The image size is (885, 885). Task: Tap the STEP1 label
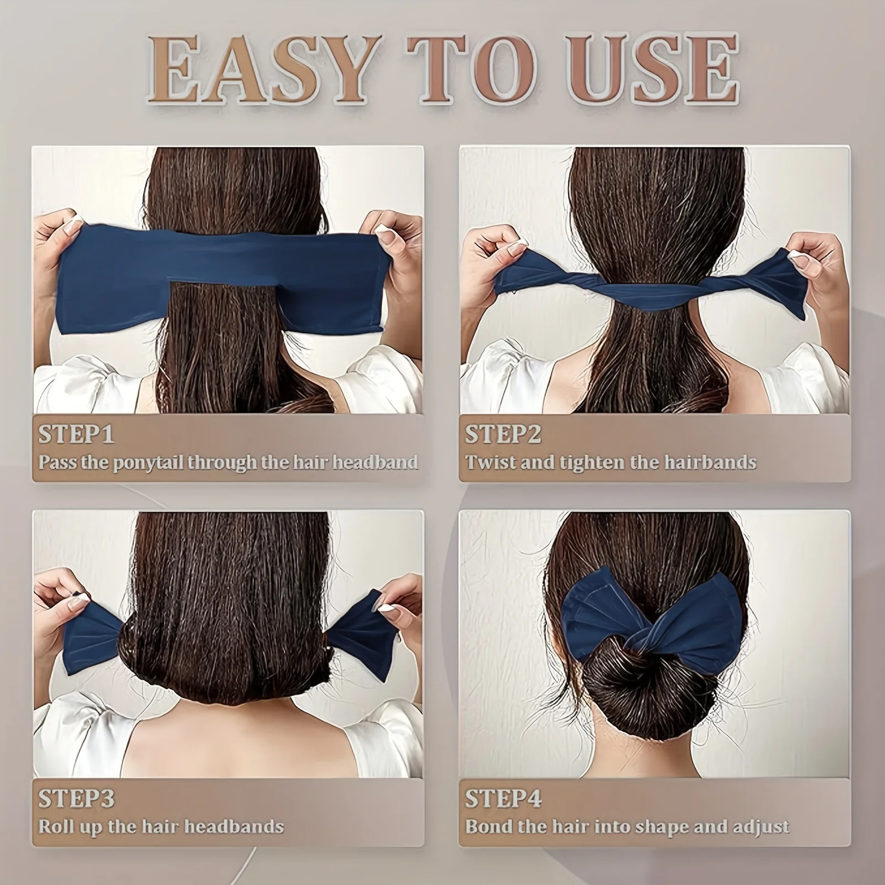pyautogui.click(x=76, y=434)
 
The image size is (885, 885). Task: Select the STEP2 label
pyautogui.click(x=503, y=434)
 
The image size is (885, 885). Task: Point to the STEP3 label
pyautogui.click(x=76, y=798)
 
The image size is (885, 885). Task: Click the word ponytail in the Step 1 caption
pyautogui.click(x=148, y=462)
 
